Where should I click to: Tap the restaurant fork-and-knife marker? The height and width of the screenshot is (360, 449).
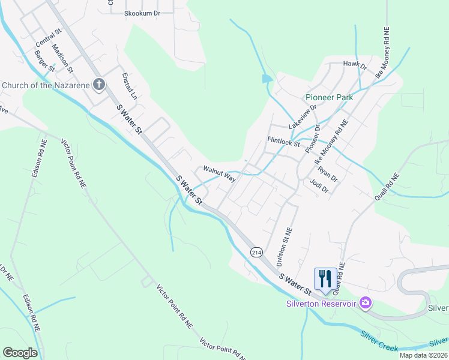click(x=325, y=278)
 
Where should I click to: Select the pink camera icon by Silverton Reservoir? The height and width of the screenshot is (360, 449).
click(x=364, y=303)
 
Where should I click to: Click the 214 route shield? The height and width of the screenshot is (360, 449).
click(x=257, y=253)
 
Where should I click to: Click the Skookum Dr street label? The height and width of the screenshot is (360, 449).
click(x=142, y=13)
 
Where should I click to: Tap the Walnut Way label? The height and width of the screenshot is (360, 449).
click(x=219, y=173)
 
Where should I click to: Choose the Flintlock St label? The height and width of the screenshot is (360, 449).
click(x=283, y=143)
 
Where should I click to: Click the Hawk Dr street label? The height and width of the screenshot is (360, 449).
click(x=355, y=64)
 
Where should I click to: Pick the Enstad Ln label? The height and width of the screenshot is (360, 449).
click(x=130, y=86)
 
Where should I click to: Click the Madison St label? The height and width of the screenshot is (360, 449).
click(x=62, y=58)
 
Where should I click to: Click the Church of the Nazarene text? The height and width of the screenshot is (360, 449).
click(x=46, y=85)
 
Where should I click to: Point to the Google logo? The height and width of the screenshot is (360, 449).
click(x=20, y=353)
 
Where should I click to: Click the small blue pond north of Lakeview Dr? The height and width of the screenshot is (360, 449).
click(x=267, y=79)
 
